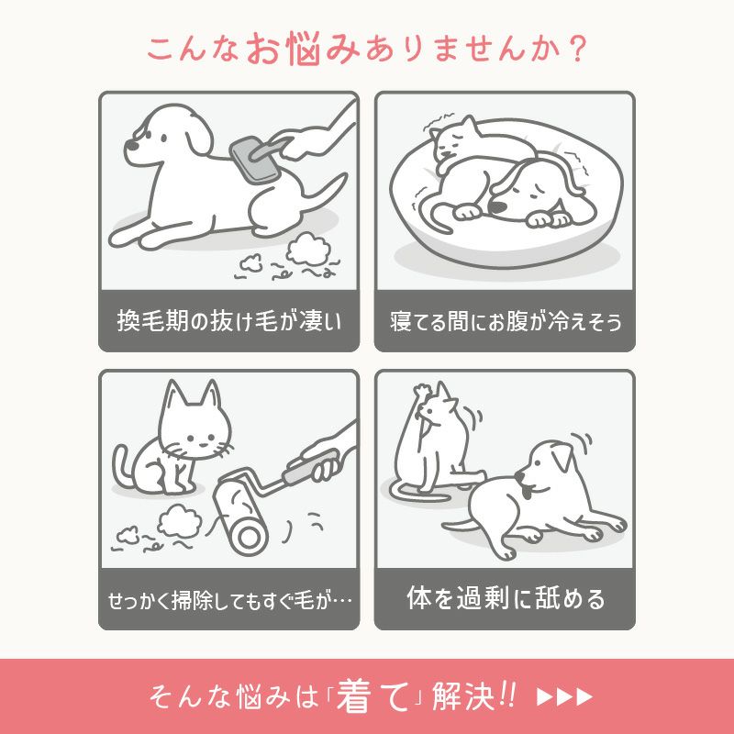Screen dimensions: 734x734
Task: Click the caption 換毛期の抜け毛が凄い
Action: coord(228,322)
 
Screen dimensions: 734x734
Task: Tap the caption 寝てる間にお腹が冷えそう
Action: coord(505,322)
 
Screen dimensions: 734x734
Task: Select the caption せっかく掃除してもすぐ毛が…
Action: coord(228,601)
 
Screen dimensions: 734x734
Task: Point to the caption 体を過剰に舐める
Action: coord(505,600)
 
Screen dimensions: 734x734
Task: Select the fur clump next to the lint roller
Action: coord(177,524)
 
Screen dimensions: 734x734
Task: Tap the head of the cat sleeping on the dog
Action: coord(452,140)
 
